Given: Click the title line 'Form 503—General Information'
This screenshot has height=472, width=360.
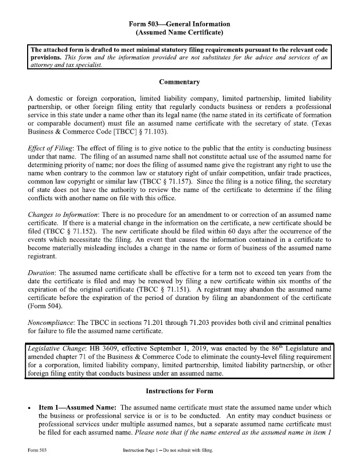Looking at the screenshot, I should point(179,24).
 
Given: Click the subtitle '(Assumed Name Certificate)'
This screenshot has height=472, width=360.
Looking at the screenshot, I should point(179,33).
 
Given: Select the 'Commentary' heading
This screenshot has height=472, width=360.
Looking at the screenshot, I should point(179,82).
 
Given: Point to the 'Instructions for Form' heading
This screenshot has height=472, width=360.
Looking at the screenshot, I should point(179,391).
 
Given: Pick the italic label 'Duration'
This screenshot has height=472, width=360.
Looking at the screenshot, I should point(42,273).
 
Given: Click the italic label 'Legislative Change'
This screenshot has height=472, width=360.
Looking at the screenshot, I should point(57,348).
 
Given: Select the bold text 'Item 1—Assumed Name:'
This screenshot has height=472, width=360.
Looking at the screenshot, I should point(78,407).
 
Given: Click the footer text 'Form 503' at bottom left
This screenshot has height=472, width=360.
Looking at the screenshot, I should point(39,450).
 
